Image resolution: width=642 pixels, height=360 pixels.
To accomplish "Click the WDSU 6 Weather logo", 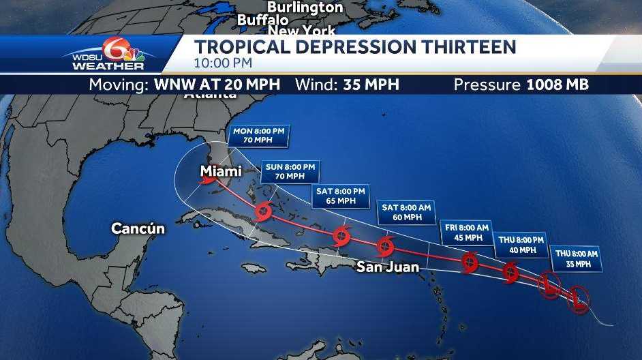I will [x=107, y=54].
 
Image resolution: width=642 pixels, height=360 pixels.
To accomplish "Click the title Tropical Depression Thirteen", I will [x=355, y=47].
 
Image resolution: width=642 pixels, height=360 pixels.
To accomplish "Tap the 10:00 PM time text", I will [x=223, y=63].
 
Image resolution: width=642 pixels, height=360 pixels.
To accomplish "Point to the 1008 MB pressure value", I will [x=557, y=85].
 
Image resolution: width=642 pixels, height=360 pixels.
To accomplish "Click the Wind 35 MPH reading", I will [x=347, y=85].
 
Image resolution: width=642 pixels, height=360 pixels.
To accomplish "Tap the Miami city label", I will [x=220, y=171].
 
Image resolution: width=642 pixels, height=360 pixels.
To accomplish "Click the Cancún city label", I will [x=138, y=228].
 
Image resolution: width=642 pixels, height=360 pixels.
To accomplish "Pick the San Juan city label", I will [x=388, y=267].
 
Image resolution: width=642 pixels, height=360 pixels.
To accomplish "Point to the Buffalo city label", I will [x=262, y=20].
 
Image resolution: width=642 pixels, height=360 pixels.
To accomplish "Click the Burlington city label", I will [x=305, y=7].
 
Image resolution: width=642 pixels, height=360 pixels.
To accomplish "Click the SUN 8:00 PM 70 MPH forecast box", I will [x=290, y=171].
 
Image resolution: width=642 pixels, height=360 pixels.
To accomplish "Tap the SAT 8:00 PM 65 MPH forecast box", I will [x=341, y=196].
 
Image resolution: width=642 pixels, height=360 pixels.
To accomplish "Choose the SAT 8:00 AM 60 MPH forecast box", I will [x=406, y=212].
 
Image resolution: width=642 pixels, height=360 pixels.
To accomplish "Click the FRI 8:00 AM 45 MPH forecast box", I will [x=468, y=232].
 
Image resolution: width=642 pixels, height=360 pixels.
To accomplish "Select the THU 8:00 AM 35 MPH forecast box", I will [x=577, y=258].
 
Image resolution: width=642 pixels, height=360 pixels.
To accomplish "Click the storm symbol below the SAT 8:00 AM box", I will [x=384, y=246].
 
